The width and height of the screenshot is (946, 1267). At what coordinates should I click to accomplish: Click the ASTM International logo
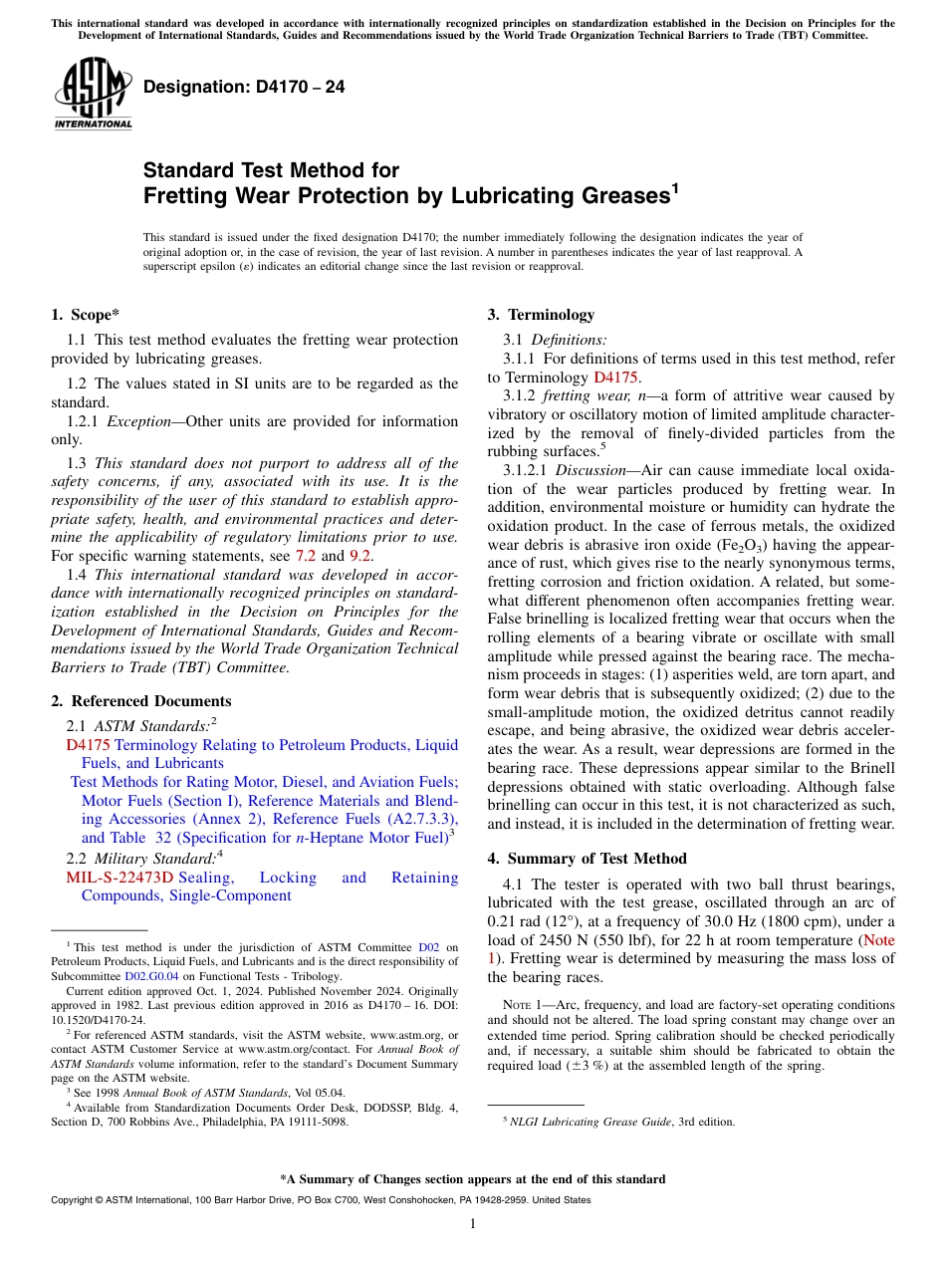point(93,95)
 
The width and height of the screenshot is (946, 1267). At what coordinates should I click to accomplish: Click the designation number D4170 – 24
point(244,87)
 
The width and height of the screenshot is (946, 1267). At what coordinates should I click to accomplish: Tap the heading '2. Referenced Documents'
point(140,701)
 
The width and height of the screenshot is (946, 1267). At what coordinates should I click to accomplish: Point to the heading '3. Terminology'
point(541,315)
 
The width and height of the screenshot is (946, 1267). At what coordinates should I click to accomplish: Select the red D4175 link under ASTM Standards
point(88,745)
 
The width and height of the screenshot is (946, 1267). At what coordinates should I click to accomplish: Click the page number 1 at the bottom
point(473,1224)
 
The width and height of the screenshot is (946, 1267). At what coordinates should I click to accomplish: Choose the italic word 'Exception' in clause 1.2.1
point(139,421)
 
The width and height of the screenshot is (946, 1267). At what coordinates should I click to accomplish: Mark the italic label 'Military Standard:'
point(153,859)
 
